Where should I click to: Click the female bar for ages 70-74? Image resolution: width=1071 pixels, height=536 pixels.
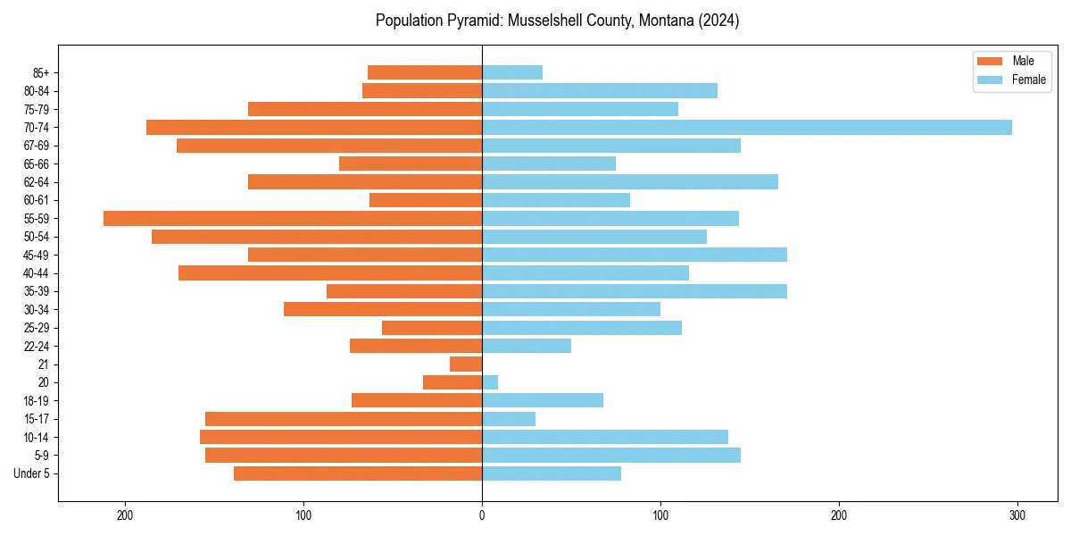(x=747, y=127)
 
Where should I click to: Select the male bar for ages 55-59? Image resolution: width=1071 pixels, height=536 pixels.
(x=293, y=218)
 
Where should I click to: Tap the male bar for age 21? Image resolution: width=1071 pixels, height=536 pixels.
(x=466, y=364)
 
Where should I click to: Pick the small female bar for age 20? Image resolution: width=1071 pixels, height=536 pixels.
(x=490, y=382)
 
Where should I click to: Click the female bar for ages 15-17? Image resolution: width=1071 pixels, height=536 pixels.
(x=509, y=419)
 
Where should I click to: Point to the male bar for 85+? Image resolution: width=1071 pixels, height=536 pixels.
(x=425, y=72)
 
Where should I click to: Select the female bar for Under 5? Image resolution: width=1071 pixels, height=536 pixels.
(x=552, y=473)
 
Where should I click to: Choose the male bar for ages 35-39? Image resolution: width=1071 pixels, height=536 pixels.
(x=404, y=291)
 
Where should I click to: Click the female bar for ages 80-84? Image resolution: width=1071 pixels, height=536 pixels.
(x=600, y=90)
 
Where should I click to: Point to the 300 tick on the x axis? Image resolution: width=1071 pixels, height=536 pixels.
(x=1017, y=515)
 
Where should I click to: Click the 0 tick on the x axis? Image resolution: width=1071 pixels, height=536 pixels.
(x=482, y=515)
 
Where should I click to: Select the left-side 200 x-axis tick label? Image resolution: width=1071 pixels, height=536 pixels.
(x=125, y=515)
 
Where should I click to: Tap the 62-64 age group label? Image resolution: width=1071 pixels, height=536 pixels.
(x=36, y=182)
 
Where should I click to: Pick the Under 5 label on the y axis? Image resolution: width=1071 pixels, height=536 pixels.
(x=32, y=473)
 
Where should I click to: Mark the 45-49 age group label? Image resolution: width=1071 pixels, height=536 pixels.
(x=36, y=255)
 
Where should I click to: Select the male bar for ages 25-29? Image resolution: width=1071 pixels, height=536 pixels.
(x=432, y=328)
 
